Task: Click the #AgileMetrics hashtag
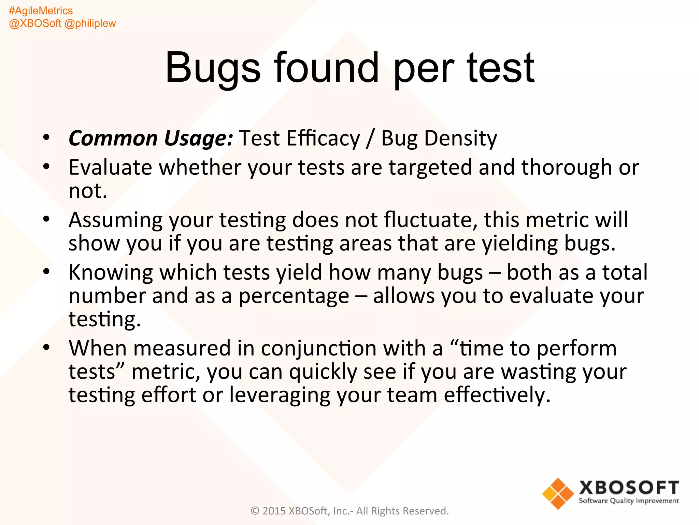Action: [41, 11]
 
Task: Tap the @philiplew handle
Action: [90, 23]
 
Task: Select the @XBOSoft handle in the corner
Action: [35, 23]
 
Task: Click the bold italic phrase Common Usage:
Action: [151, 138]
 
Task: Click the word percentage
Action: [294, 296]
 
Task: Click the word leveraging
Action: [279, 395]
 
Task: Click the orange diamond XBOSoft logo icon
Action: [558, 494]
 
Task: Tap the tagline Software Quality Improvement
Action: [628, 501]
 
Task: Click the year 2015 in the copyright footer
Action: [274, 511]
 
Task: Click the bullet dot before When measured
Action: [46, 348]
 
